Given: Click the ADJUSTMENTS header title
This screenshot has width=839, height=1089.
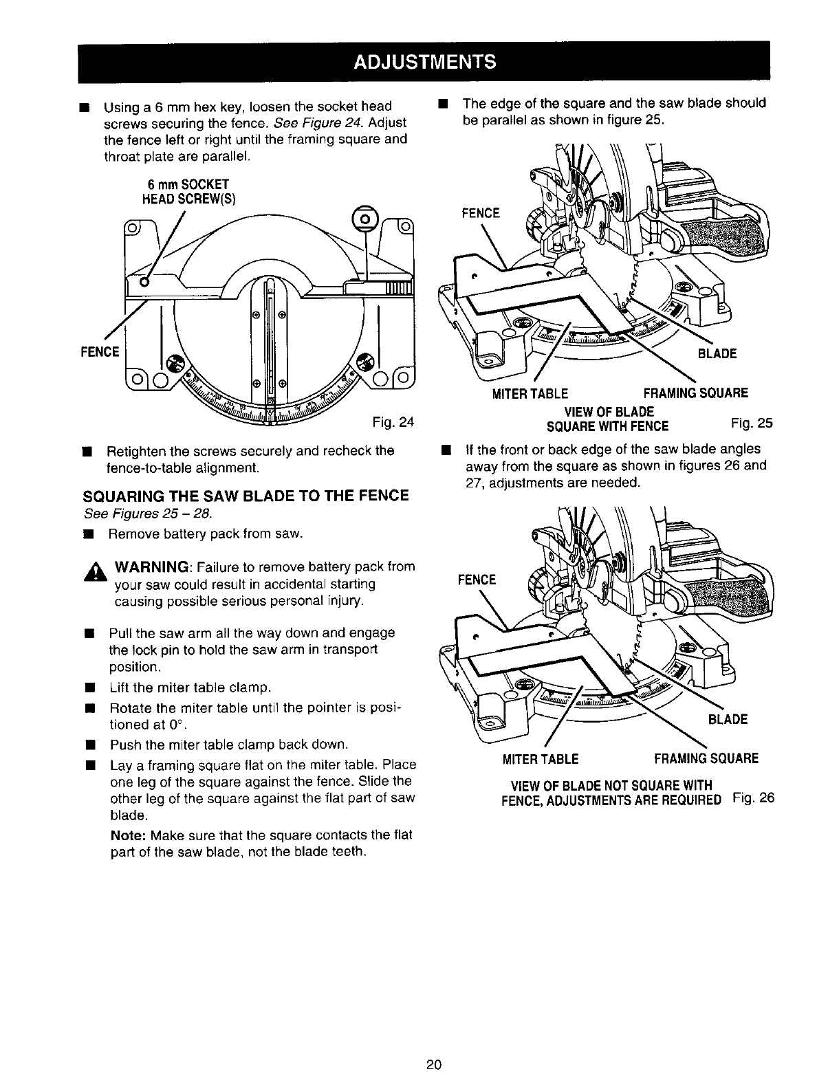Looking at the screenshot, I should pyautogui.click(x=424, y=62).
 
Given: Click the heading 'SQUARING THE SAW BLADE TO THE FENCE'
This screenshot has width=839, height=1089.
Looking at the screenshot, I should pyautogui.click(x=246, y=496).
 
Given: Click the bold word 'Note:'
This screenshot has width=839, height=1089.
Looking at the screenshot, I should pyautogui.click(x=128, y=835).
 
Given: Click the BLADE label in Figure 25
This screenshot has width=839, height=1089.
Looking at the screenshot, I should pyautogui.click(x=717, y=354).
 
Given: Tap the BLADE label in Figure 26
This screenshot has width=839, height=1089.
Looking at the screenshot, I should pyautogui.click(x=727, y=719).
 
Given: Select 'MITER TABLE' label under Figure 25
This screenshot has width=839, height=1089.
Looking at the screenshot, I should pyautogui.click(x=530, y=394).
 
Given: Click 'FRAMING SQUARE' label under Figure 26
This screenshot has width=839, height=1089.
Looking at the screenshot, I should pyautogui.click(x=706, y=759).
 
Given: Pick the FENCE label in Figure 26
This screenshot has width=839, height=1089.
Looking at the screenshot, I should pyautogui.click(x=477, y=580).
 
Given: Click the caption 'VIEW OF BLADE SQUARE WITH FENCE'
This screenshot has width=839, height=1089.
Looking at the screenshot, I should pyautogui.click(x=608, y=419).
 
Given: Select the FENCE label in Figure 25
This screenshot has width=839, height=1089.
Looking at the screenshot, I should pyautogui.click(x=481, y=213).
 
